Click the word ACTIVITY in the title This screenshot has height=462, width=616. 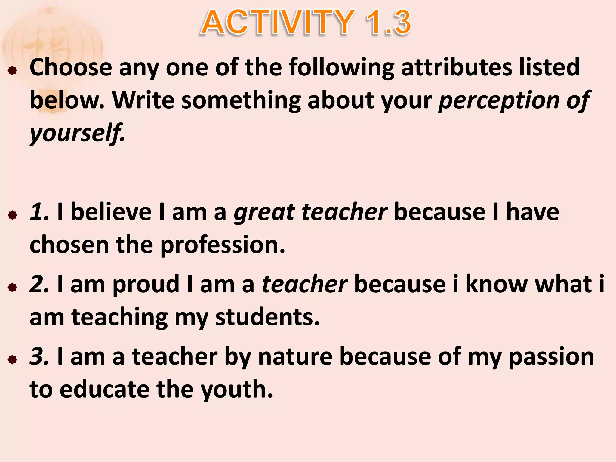pos(278,22)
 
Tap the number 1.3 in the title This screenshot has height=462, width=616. pos(388,22)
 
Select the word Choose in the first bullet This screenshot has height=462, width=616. pos(71,67)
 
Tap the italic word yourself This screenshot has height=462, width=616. pos(76,134)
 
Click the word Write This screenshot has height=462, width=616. pos(143,100)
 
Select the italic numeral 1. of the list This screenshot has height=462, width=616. pos(39,212)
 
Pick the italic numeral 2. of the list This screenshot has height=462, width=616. pos(39,285)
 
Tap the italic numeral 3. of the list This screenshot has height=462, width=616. pos(39,357)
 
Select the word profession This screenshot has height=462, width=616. pos(222,245)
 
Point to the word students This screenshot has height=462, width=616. pos(267,317)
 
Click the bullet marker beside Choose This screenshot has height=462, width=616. pos(12,71)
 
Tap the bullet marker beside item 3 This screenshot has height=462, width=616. pos(12,360)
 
